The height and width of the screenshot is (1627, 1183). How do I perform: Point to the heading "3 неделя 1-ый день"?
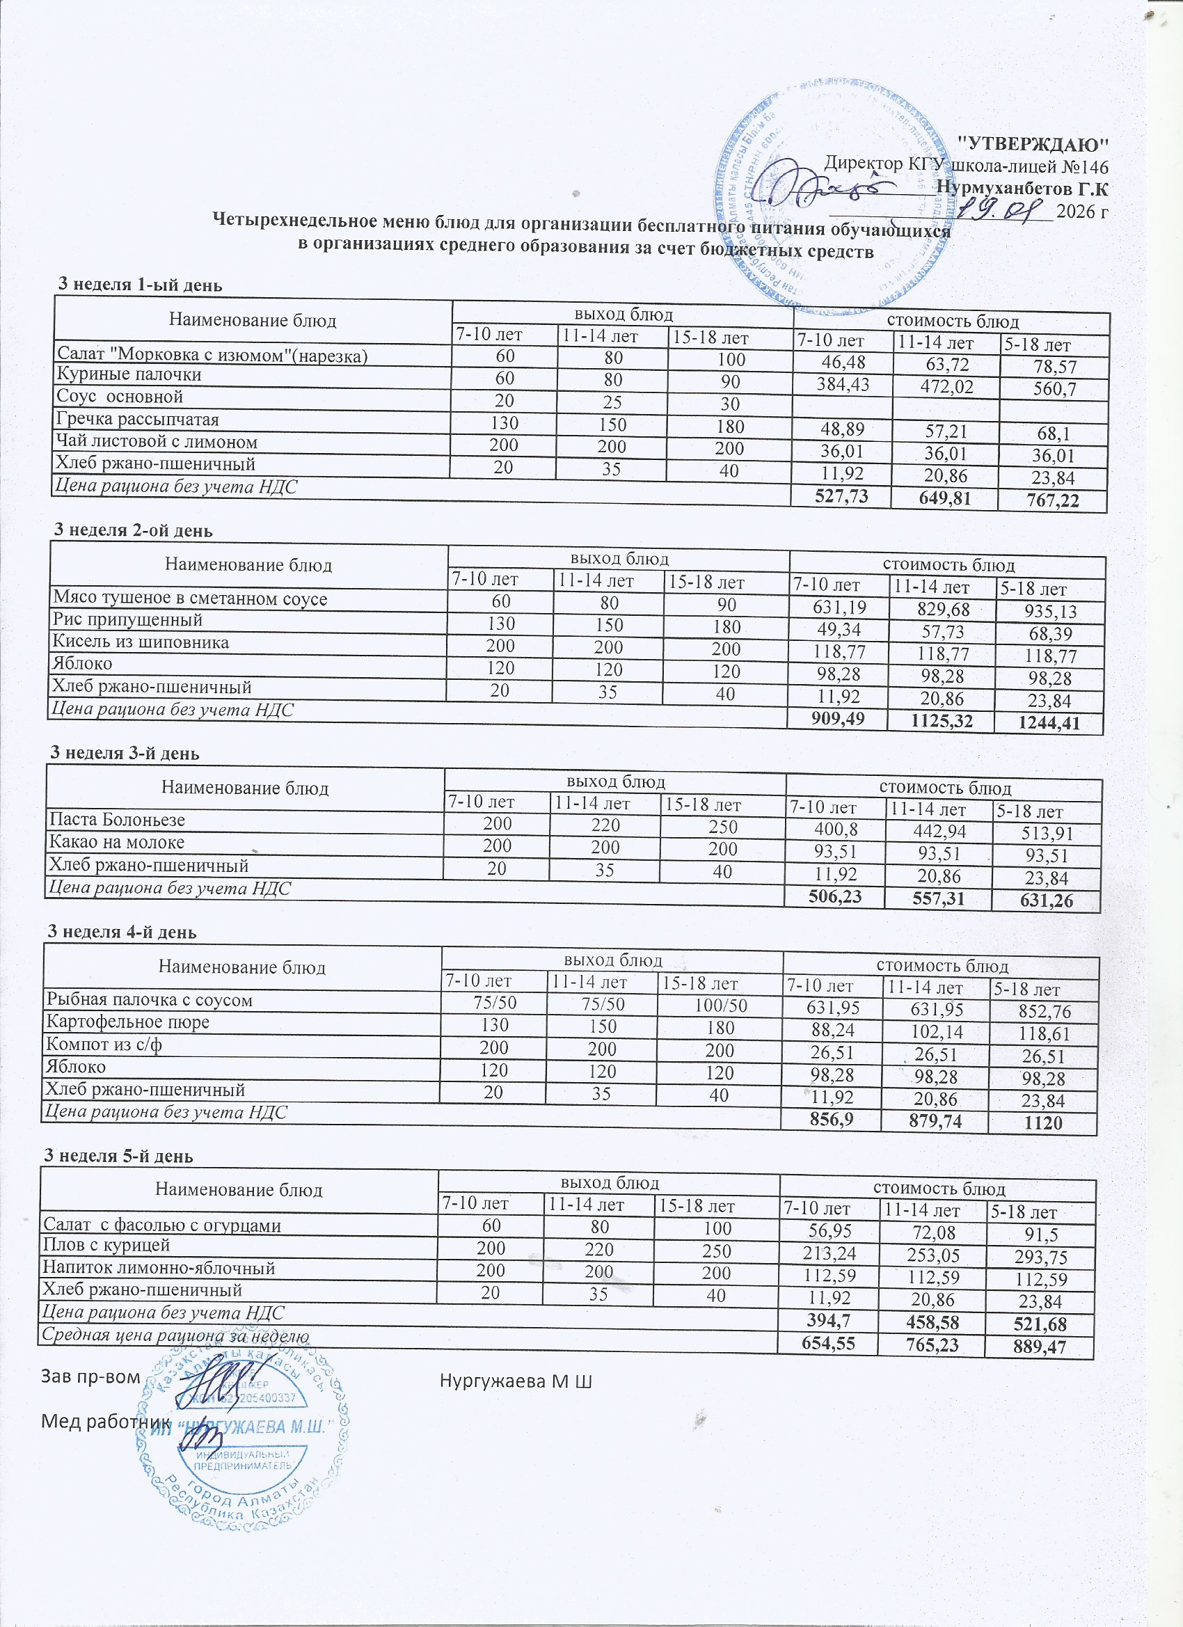click(140, 285)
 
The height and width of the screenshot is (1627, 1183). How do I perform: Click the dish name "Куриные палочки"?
click(129, 374)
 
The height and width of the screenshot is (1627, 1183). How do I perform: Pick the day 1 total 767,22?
click(1052, 501)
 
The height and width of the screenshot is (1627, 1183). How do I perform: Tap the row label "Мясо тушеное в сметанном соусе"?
click(189, 599)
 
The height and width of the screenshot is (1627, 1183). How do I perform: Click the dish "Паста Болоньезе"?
click(117, 819)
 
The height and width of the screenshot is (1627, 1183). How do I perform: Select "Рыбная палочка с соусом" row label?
click(149, 1000)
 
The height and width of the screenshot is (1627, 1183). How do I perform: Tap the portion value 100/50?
click(720, 1006)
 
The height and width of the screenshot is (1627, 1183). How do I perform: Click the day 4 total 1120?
click(1044, 1123)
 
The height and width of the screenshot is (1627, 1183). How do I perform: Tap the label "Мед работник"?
click(106, 1421)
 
